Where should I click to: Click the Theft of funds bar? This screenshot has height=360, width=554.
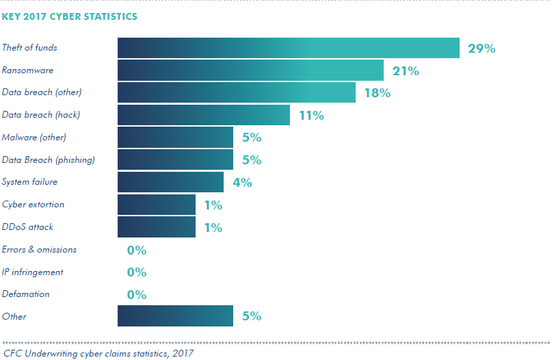288,48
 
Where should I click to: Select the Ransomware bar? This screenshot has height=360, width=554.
250,70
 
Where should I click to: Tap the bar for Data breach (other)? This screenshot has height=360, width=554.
237,92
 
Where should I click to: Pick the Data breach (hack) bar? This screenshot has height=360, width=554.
204,115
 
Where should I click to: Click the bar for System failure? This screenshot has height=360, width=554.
170,182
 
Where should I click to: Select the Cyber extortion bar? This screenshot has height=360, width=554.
157,205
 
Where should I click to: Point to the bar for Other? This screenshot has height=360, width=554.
175,316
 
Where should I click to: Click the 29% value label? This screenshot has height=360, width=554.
481,49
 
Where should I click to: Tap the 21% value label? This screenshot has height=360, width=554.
406,71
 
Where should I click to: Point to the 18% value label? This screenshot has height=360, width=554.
377,93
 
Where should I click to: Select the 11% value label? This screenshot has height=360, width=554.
311,116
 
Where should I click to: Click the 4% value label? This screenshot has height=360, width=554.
242,183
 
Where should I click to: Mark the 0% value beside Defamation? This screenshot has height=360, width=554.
137,295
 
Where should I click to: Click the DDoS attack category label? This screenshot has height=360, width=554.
27,227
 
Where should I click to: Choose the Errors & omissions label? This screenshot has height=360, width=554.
39,249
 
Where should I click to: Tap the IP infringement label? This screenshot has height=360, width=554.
33,272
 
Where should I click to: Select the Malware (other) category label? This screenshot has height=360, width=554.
34,138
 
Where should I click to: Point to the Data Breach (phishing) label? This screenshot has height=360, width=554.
49,160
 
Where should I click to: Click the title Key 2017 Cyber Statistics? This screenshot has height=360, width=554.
69,16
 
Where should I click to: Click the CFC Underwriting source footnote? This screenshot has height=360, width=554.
98,353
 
